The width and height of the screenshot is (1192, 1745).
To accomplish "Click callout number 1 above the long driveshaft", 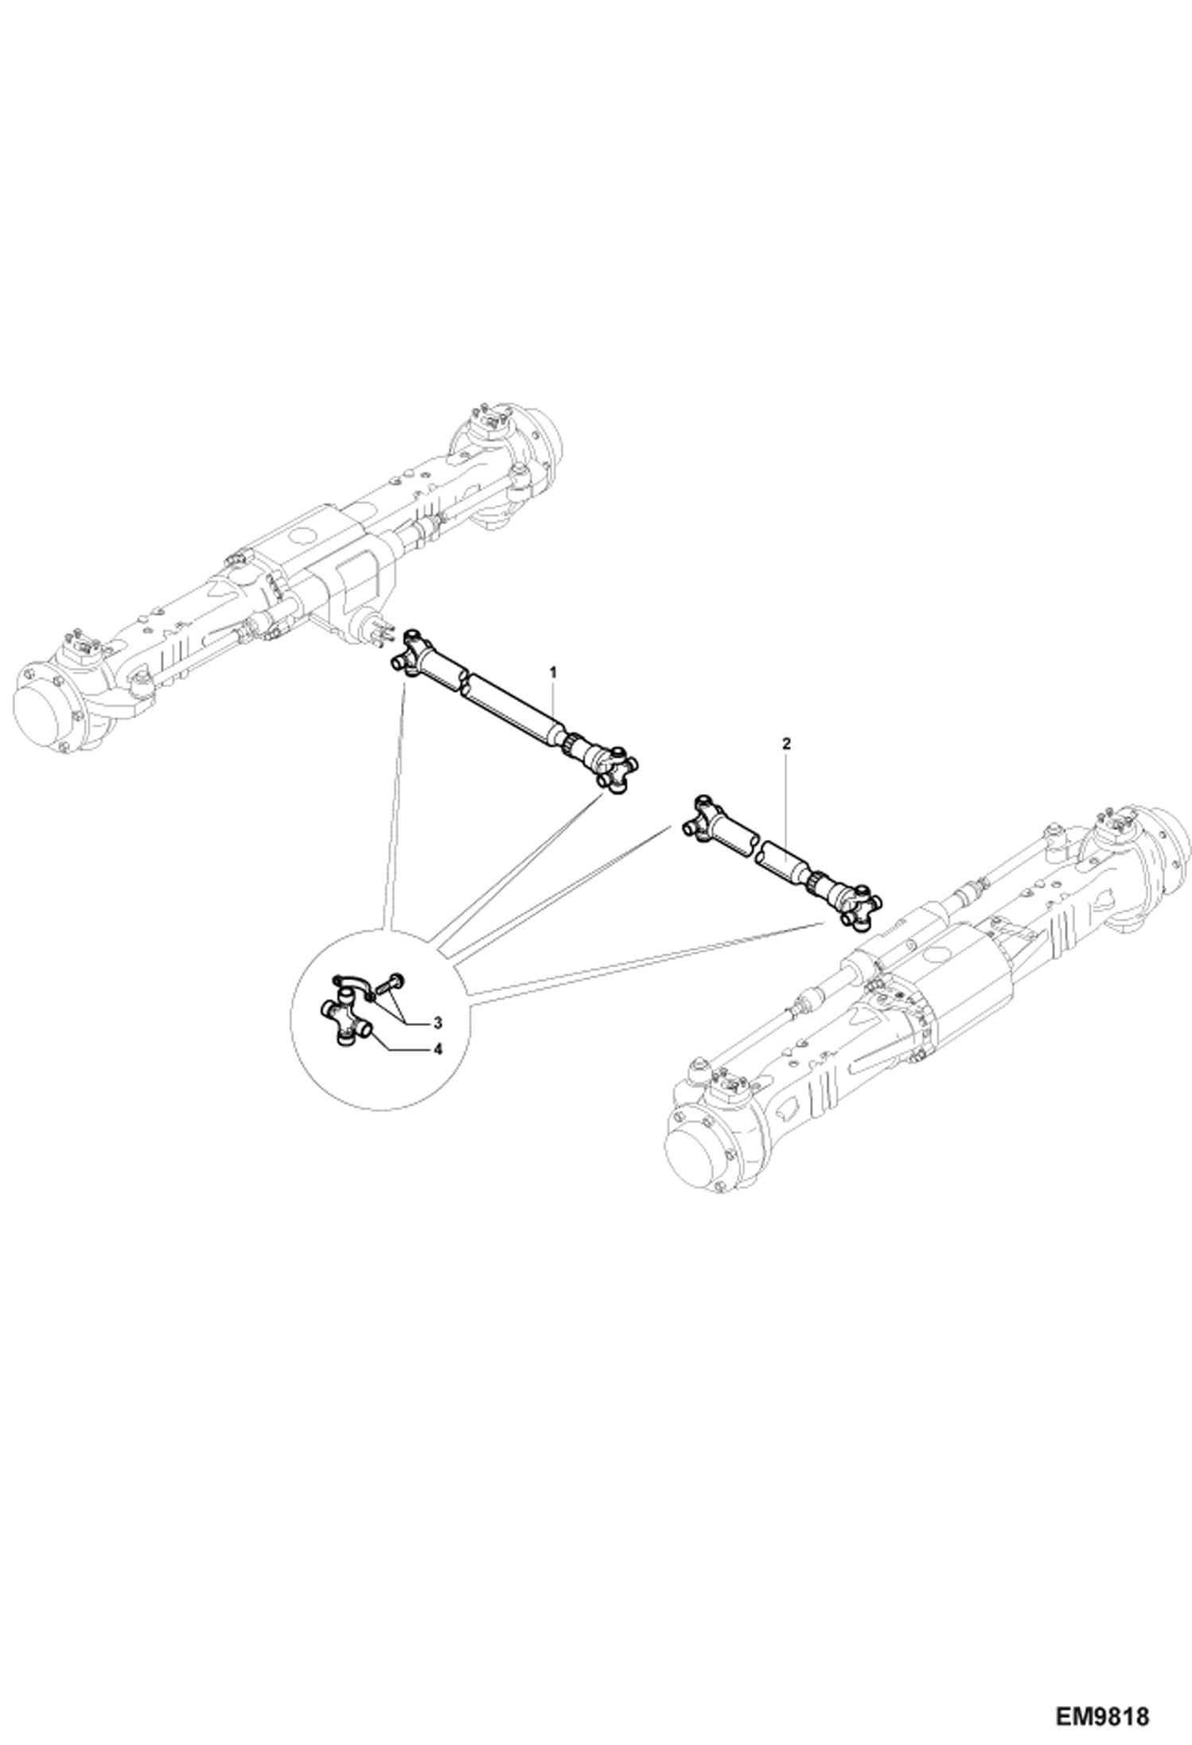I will (x=554, y=672).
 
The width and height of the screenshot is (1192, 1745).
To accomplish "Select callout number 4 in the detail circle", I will (x=437, y=1049).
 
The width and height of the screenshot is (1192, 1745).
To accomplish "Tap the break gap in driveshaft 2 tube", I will (x=756, y=848).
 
